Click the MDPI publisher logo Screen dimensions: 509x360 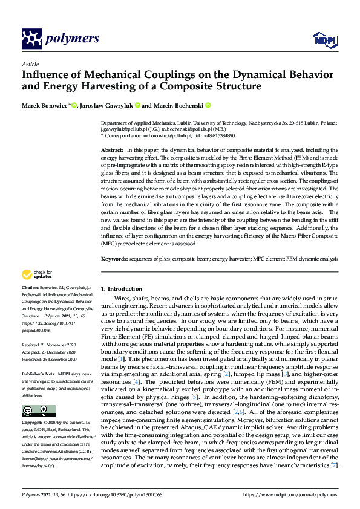point(324,40)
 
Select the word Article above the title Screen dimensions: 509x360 point(30,64)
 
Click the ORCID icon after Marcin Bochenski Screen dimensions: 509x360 point(208,106)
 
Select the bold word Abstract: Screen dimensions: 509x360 point(112,149)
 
